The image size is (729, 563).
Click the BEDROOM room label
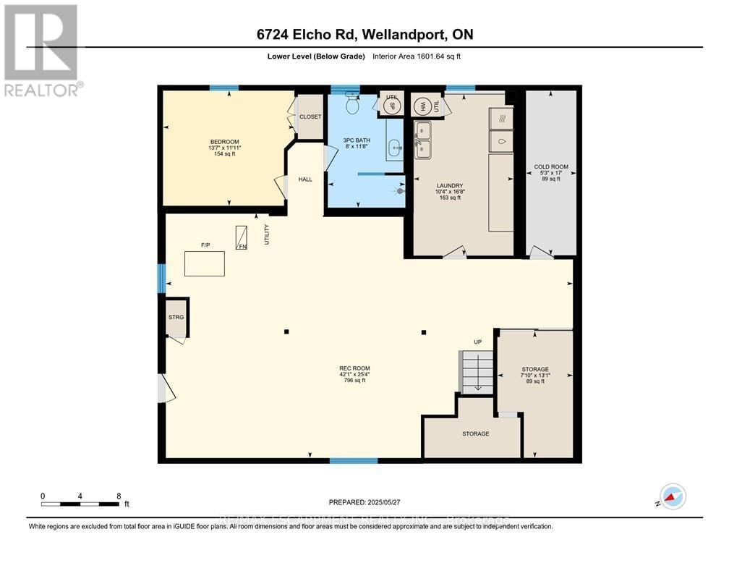coord(224,142)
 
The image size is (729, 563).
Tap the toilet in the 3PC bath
coord(353,106)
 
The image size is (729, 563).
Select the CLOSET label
coord(310,116)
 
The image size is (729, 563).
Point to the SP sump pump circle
coord(392,106)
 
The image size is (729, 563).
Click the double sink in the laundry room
coord(422,140)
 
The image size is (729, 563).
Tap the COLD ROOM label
coord(550,167)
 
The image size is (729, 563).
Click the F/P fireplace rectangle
coord(204,263)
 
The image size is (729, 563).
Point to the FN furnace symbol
coord(242,237)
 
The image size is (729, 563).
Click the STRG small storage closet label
coord(176,316)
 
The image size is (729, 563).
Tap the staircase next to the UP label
coord(477,371)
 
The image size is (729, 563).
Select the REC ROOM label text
coord(354,368)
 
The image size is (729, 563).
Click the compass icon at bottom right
coord(673,496)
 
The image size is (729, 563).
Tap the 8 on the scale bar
coord(119,496)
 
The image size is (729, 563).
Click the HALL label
coord(305,179)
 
